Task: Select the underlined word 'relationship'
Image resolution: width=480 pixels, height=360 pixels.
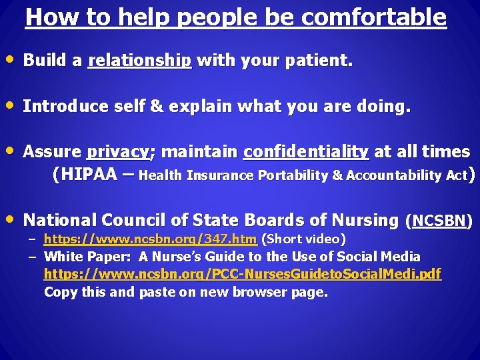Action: coord(139,61)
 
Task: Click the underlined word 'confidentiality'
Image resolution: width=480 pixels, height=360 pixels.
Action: coord(306,152)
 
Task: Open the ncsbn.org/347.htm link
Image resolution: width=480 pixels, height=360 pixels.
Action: coord(150,239)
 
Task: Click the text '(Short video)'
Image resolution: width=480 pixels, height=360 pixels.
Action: coord(303,239)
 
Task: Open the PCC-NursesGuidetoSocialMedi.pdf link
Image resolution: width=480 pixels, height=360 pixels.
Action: coord(242,274)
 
